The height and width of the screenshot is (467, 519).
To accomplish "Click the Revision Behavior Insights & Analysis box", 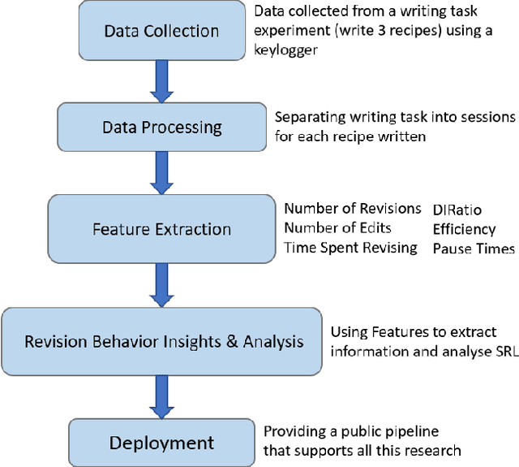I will click(x=164, y=340).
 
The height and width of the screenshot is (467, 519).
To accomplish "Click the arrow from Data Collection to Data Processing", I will click(x=162, y=82).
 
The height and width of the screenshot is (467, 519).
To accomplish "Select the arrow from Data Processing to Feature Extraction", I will click(x=162, y=171).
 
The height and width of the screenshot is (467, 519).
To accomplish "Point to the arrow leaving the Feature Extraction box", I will click(x=162, y=283).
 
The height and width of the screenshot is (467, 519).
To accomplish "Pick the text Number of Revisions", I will click(x=353, y=209).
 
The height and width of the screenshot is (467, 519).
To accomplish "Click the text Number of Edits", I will click(x=337, y=228).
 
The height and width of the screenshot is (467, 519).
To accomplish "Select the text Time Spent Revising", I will click(x=350, y=248).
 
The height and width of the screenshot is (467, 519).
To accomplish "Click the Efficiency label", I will click(x=463, y=228).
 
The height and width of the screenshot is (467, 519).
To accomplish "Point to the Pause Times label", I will click(x=473, y=248).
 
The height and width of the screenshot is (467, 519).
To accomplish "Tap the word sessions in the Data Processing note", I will click(x=483, y=117).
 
